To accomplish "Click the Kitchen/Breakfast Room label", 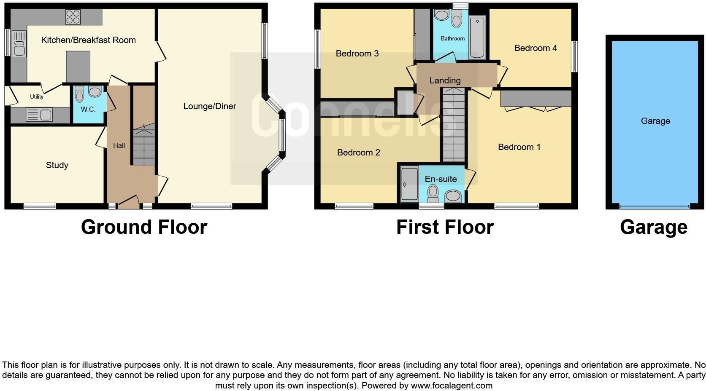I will click(88, 40).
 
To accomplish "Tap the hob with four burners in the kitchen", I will click(73, 17).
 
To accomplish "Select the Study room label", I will click(57, 165).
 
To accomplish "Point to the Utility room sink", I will click(39, 115).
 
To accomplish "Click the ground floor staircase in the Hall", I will click(144, 145).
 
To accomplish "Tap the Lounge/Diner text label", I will click(209, 106).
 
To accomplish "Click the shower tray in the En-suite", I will click(408, 184).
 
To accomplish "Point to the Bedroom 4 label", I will click(535, 48).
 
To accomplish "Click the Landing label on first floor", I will click(445, 80).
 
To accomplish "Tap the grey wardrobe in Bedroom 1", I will click(536, 98).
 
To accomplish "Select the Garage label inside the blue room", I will click(655, 121).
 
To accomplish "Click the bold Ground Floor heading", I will click(144, 227).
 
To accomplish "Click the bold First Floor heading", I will click(445, 227).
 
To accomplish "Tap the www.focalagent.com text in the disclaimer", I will click(452, 385).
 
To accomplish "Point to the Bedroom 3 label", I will click(357, 54).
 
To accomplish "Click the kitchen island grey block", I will click(78, 66).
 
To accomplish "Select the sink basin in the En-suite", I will click(453, 195).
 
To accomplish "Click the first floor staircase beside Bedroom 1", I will click(453, 126).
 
